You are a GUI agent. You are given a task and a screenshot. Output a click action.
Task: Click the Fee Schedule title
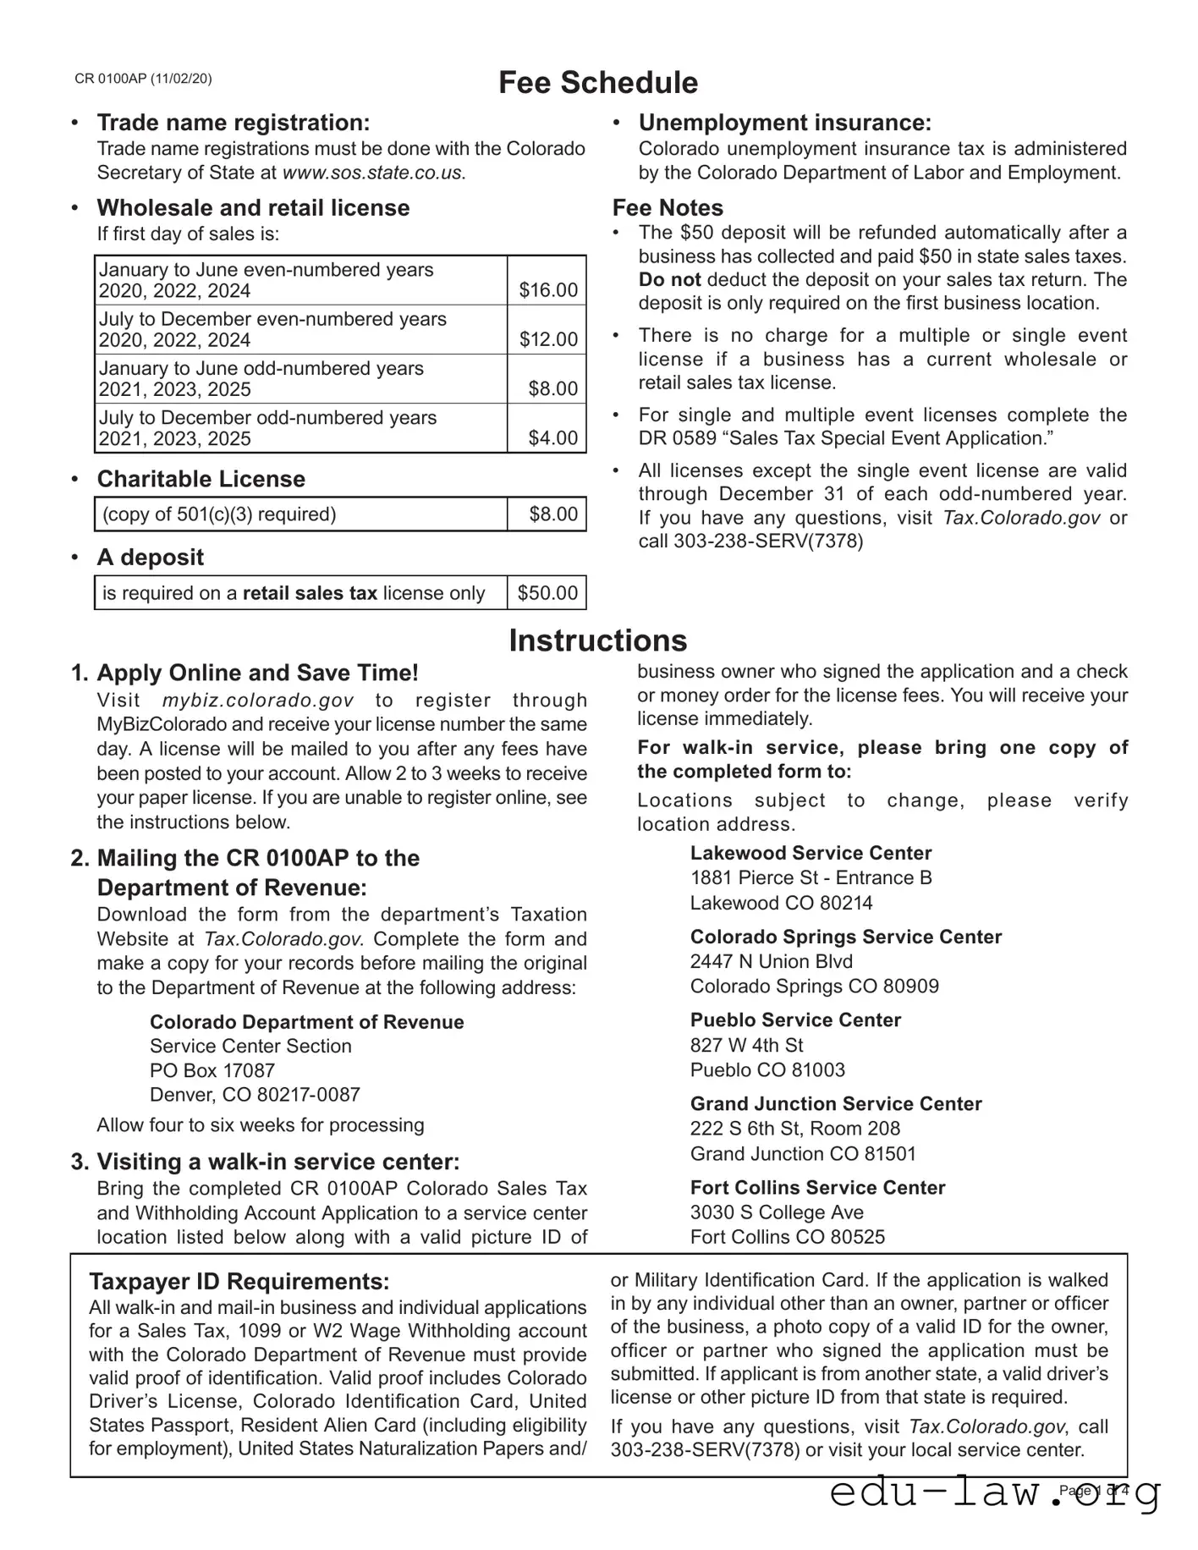tap(597, 83)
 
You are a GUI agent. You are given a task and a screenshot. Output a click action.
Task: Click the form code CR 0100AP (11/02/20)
tap(143, 79)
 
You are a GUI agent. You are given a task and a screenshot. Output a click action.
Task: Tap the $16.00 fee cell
tap(548, 290)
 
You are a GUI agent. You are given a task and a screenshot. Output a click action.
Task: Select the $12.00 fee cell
tap(548, 339)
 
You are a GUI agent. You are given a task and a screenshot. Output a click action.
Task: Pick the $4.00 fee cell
tap(552, 438)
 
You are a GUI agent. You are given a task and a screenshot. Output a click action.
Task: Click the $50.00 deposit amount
tap(547, 593)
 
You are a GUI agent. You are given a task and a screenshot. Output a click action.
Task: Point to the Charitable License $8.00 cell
tap(553, 514)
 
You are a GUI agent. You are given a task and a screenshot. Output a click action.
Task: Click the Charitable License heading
tap(201, 479)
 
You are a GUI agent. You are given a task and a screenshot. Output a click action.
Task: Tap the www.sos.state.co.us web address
tap(372, 173)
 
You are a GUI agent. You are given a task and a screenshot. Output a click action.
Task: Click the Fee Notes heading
tap(668, 208)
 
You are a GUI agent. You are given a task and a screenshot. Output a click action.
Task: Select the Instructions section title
tap(597, 640)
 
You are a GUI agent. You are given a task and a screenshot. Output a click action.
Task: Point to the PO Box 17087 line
tap(212, 1070)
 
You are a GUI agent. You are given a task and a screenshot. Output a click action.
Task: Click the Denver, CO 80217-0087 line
tap(255, 1095)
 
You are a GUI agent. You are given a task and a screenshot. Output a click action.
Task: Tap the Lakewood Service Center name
tap(811, 853)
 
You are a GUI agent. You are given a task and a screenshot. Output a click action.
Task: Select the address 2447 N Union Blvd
tap(771, 961)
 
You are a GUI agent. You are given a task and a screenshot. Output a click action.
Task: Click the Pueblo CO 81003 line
tap(767, 1069)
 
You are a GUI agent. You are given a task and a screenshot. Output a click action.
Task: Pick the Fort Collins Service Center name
tap(817, 1187)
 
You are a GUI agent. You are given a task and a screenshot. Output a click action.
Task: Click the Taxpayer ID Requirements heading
tap(239, 1281)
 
